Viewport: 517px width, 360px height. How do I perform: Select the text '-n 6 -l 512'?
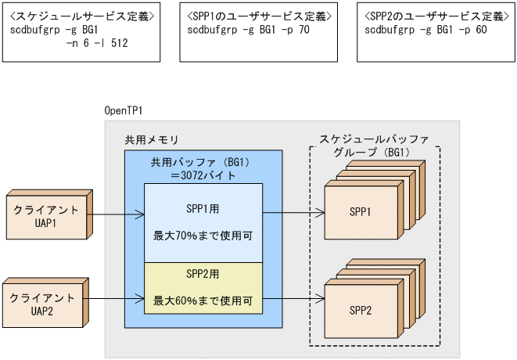98,44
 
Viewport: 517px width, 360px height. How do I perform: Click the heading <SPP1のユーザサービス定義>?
260,16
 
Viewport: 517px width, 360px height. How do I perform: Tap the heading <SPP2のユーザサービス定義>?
435,16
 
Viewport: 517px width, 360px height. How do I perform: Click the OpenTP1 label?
124,110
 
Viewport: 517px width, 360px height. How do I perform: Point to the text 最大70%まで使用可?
203,233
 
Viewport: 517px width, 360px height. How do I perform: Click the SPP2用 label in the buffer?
203,274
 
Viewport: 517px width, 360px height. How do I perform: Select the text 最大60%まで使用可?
203,299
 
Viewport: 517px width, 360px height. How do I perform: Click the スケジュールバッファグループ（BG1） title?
375,146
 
